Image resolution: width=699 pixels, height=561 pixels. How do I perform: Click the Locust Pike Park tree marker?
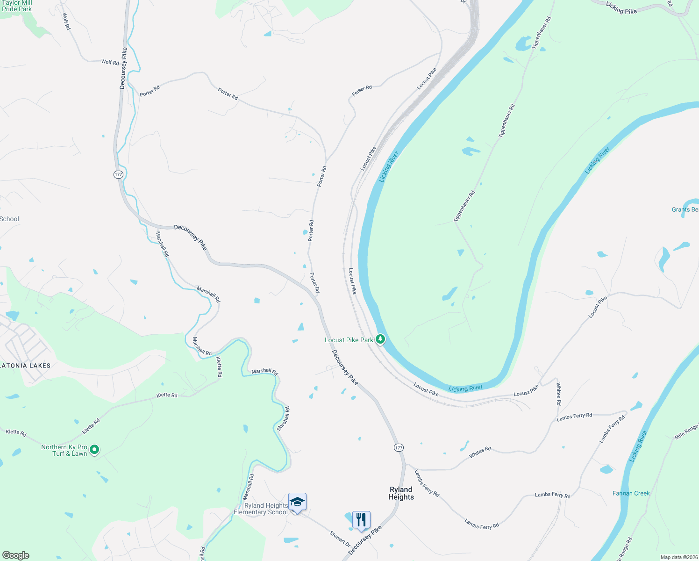pyautogui.click(x=380, y=339)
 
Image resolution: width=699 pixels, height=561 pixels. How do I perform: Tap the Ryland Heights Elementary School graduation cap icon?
pyautogui.click(x=297, y=502)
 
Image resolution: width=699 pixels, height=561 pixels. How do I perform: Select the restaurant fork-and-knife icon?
pyautogui.click(x=361, y=519)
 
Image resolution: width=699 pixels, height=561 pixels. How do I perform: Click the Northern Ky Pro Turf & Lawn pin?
pyautogui.click(x=94, y=450)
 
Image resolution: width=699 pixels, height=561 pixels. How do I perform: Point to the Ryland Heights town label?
pyautogui.click(x=401, y=493)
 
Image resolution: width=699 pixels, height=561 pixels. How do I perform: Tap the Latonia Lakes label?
pyautogui.click(x=25, y=366)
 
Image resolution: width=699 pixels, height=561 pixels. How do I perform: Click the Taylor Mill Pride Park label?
pyautogui.click(x=17, y=6)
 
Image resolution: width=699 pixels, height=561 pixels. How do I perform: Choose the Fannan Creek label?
pyautogui.click(x=631, y=493)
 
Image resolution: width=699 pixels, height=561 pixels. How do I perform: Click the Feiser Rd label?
pyautogui.click(x=362, y=91)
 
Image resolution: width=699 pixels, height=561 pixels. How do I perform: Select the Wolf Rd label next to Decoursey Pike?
pyautogui.click(x=110, y=62)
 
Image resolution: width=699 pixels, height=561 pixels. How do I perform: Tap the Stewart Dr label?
pyautogui.click(x=340, y=539)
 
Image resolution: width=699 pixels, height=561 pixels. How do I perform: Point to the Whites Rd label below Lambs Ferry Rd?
pyautogui.click(x=480, y=452)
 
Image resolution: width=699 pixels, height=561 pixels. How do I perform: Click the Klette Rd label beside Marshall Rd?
pyautogui.click(x=219, y=367)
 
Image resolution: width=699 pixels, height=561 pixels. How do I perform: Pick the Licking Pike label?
pyautogui.click(x=621, y=8)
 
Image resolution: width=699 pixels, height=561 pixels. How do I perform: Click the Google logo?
pyautogui.click(x=15, y=555)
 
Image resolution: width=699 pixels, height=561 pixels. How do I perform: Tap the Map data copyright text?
pyautogui.click(x=679, y=557)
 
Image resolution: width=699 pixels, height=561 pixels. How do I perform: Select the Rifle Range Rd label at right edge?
pyautogui.click(x=686, y=431)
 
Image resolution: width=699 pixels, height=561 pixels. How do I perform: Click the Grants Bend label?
pyautogui.click(x=685, y=209)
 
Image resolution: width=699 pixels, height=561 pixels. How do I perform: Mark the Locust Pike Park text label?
pyautogui.click(x=349, y=340)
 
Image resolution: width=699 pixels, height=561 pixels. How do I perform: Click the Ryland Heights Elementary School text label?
pyautogui.click(x=261, y=509)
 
